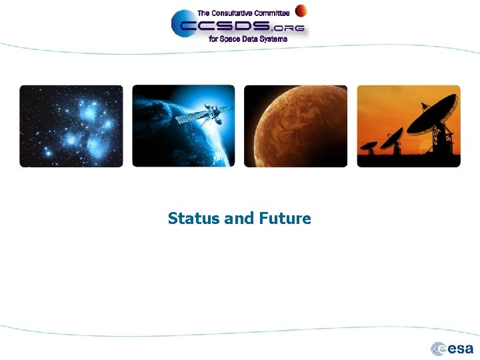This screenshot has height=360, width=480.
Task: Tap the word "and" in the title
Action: coord(239,219)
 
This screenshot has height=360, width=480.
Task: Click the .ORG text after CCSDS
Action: coord(292,28)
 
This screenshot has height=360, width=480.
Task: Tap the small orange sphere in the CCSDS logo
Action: coord(301,10)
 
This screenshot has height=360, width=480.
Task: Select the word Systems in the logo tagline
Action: coord(274,39)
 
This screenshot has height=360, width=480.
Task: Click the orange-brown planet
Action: coord(295,125)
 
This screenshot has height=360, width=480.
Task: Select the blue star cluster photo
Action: coord(71,125)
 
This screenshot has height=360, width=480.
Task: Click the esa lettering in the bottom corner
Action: coord(461,349)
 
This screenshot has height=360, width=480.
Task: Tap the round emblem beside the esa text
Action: coord(439,349)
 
